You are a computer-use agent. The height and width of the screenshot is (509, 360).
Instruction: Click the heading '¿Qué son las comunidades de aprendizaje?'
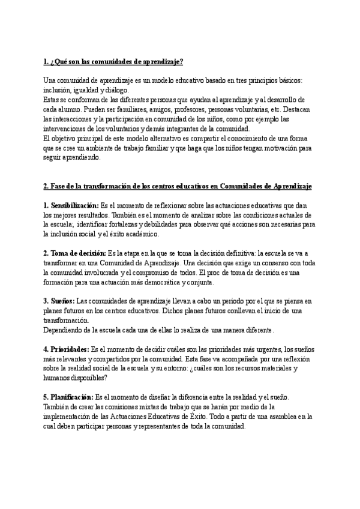(x=114, y=62)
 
